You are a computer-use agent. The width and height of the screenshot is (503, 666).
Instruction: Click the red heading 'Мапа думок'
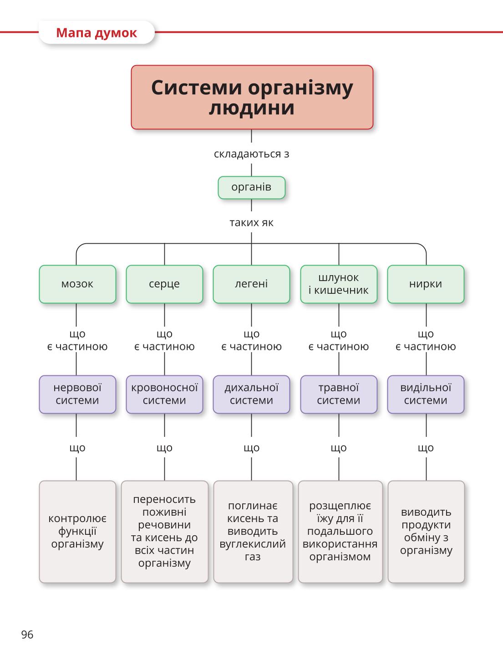click(x=97, y=33)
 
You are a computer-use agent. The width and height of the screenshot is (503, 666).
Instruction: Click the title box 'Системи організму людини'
click(x=252, y=97)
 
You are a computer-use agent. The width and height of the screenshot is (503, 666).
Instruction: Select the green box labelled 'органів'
click(x=252, y=188)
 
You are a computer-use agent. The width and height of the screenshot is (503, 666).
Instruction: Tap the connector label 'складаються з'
click(x=251, y=154)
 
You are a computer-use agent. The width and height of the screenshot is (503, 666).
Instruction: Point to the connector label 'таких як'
click(x=251, y=222)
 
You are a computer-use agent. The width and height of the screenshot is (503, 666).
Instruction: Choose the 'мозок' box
click(x=77, y=284)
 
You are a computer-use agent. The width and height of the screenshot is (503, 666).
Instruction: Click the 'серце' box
click(x=164, y=284)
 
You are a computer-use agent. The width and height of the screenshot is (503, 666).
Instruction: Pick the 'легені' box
click(x=251, y=284)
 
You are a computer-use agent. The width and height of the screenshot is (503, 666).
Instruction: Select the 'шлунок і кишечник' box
click(x=339, y=284)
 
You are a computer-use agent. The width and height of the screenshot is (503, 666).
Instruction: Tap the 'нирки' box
click(x=426, y=284)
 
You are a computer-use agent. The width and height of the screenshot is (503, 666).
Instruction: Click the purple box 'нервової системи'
click(x=77, y=394)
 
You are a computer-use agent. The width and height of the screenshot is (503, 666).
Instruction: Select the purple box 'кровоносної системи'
click(x=164, y=394)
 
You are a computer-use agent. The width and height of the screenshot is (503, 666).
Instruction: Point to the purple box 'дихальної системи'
click(x=251, y=394)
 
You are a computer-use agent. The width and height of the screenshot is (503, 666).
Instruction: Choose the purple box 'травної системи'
click(x=339, y=394)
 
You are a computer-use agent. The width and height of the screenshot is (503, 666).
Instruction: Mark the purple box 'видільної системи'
click(x=426, y=394)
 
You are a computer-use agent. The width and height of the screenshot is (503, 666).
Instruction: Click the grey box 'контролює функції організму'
click(x=77, y=532)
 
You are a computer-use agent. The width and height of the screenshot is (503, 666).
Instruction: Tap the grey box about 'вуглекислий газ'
click(x=253, y=532)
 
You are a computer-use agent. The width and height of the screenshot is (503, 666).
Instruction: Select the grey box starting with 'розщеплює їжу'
click(x=340, y=532)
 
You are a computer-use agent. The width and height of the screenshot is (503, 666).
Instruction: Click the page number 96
click(x=27, y=635)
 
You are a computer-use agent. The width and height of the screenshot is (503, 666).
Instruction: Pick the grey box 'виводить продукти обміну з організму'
click(x=426, y=532)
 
